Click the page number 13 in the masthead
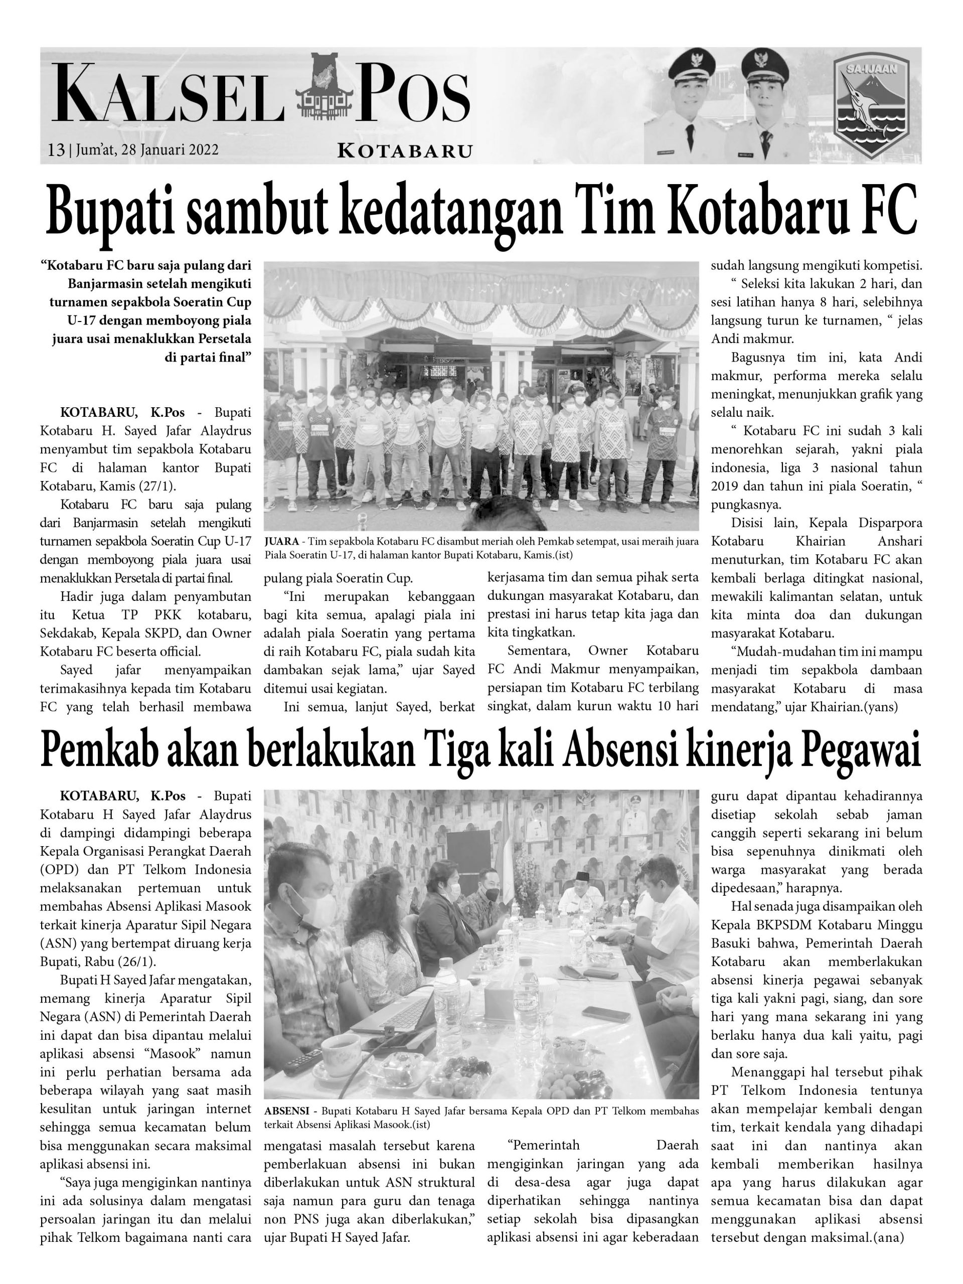click(56, 150)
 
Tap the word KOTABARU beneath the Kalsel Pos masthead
click(405, 151)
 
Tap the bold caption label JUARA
click(281, 542)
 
